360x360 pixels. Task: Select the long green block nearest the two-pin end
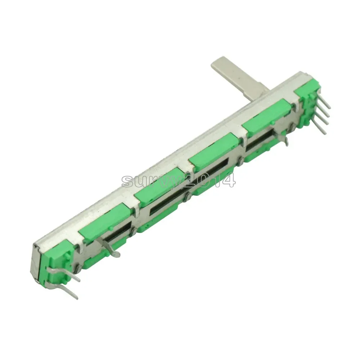105,222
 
